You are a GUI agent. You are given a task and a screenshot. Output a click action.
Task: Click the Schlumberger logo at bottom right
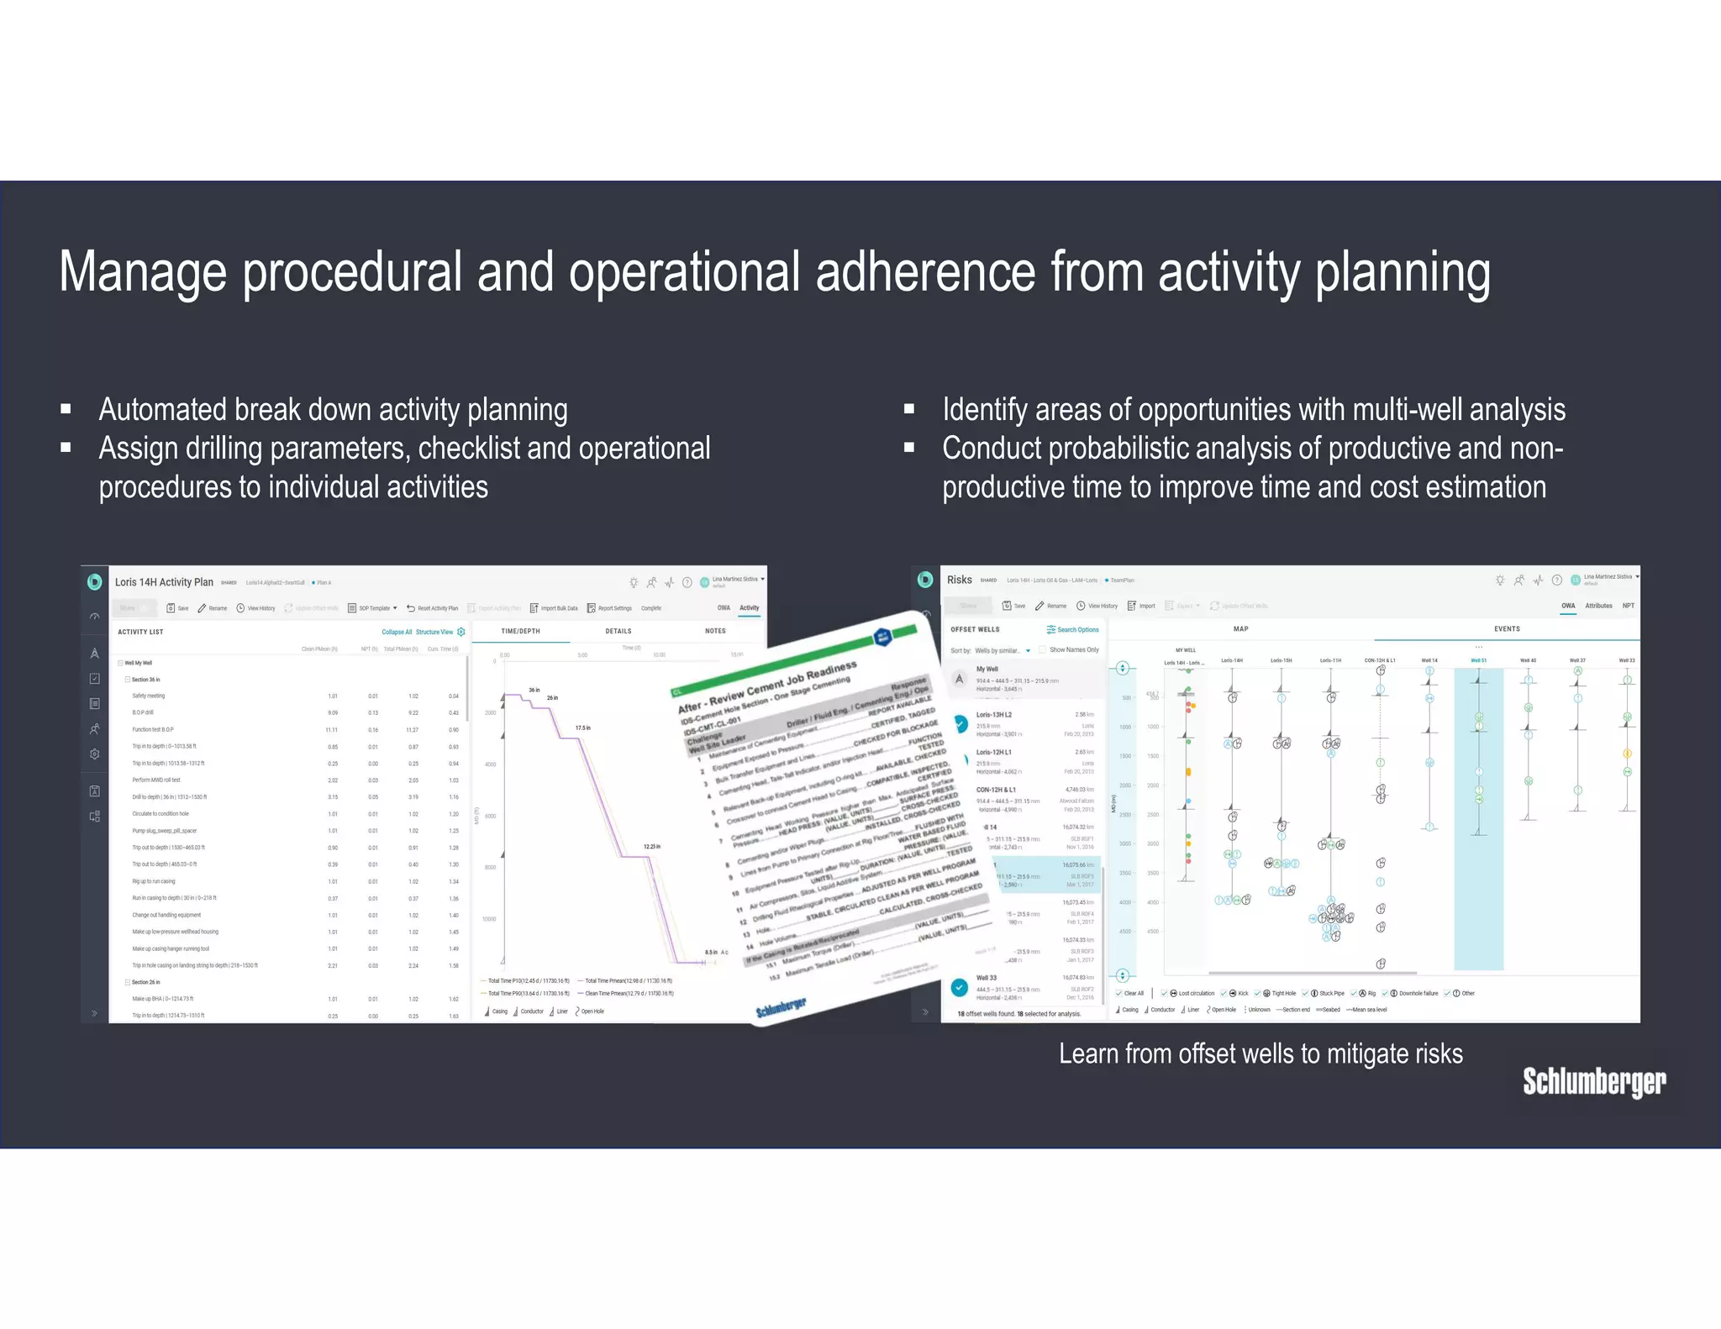pos(1593,1081)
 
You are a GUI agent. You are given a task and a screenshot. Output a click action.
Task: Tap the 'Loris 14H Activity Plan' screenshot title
pos(164,582)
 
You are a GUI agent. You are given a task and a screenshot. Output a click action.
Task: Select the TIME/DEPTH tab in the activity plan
pos(520,631)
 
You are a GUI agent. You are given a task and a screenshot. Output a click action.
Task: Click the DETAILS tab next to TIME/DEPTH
pos(618,631)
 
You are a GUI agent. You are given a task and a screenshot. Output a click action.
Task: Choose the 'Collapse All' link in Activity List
pos(397,632)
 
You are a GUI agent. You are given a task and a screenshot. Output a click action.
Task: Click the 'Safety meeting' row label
pos(149,696)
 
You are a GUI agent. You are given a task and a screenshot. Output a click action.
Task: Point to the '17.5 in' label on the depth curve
pos(582,728)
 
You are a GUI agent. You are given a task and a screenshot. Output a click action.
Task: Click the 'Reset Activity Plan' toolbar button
pos(437,608)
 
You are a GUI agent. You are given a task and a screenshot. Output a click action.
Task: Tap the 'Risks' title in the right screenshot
pos(959,580)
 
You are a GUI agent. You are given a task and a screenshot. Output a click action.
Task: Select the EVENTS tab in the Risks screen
pos(1506,628)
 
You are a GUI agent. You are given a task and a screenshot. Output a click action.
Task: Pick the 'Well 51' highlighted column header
pos(1478,660)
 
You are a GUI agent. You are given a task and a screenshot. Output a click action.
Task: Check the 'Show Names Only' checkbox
pos(1043,649)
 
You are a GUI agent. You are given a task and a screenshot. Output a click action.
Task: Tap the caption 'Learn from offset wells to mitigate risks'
pos(1260,1053)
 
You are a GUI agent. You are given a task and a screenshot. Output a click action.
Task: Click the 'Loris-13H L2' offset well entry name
pos(993,715)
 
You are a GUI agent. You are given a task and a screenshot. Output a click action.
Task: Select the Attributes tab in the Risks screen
pos(1598,606)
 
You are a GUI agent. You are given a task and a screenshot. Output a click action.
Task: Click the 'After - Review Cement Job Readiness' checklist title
pos(766,686)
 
